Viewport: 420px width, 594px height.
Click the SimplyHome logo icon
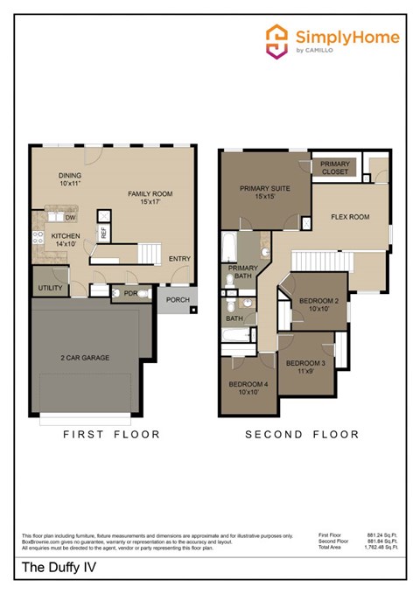[277, 39]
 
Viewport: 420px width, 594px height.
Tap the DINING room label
[71, 180]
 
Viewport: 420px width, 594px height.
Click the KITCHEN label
[66, 241]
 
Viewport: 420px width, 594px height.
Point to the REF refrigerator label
[103, 234]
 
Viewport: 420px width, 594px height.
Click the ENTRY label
[179, 259]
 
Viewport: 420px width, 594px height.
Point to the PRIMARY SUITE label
[264, 192]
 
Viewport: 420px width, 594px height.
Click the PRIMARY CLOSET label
[334, 168]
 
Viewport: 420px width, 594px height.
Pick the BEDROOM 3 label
[305, 367]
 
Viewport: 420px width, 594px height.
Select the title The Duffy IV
[57, 570]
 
